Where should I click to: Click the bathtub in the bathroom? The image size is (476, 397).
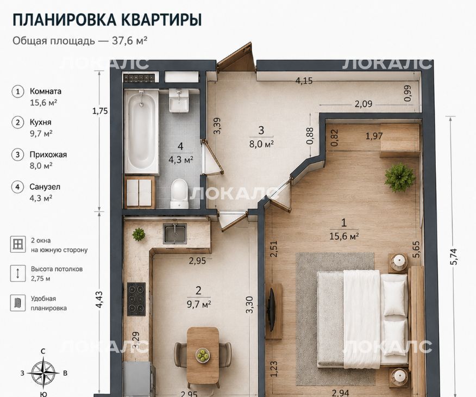point(141,132)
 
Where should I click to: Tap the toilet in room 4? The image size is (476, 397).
point(179,194)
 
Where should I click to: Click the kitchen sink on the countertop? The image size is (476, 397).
point(175,233)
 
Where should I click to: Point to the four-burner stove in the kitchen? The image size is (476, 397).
point(136,299)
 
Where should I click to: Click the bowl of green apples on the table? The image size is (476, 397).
point(202,355)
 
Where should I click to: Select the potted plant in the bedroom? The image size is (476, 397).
point(400,177)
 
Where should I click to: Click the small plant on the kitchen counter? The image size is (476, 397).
point(139,234)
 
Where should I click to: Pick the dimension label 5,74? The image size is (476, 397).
point(454,257)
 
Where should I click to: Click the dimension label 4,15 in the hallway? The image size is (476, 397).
point(304,81)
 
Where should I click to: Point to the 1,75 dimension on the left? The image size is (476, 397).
point(100,111)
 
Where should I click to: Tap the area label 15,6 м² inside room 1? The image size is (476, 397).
point(345,236)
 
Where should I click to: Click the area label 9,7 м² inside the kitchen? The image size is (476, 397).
point(199,304)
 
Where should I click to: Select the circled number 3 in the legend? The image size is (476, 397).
point(17,154)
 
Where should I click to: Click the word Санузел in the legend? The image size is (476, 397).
point(45,187)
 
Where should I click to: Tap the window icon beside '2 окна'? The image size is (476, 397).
point(18,244)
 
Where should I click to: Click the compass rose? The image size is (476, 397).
point(43,373)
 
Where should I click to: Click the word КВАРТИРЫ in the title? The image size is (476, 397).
point(161,20)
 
